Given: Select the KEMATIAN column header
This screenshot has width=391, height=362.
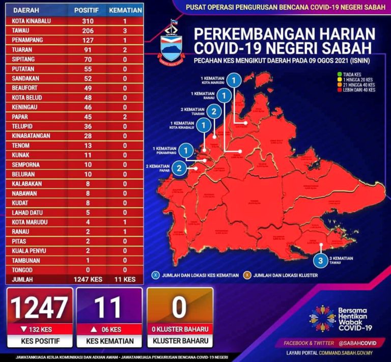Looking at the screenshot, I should pos(124,10).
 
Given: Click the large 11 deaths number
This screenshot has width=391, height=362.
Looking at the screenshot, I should pos(108,308).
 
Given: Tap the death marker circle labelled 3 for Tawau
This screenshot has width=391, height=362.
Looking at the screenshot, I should pos(320,261).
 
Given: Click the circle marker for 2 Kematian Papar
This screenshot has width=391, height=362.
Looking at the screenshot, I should pos(179,168).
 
